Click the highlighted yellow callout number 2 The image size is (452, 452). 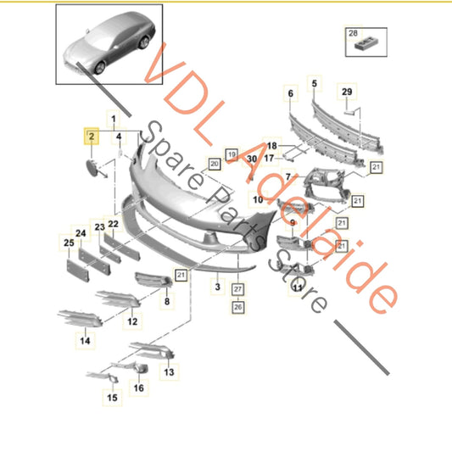coord(89,135)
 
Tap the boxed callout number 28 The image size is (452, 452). coord(352,34)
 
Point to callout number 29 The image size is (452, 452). coord(345,91)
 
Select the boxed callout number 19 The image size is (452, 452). coord(230,153)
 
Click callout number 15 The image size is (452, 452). coord(112,397)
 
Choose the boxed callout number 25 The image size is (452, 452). coord(68,244)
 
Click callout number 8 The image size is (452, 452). coord(166,300)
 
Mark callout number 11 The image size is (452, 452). coord(297,288)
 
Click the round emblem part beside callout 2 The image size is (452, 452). coord(91,165)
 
